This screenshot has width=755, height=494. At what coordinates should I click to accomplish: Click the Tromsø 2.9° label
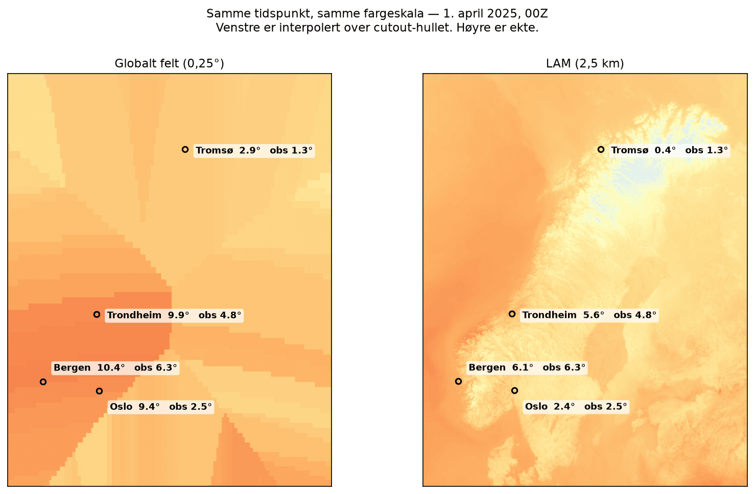(228, 150)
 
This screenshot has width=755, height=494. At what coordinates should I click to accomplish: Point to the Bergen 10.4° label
(89, 368)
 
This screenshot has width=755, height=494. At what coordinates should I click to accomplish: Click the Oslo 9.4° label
(135, 407)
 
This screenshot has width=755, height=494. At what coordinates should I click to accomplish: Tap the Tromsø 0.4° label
(644, 150)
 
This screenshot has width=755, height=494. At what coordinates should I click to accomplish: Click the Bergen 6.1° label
(501, 367)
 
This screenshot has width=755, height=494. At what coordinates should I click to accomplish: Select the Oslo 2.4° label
(550, 406)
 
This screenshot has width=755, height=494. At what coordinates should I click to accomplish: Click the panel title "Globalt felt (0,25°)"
(170, 63)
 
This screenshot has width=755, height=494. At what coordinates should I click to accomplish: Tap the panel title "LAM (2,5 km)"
(585, 63)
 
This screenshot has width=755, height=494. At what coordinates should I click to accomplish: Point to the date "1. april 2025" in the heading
(481, 13)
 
